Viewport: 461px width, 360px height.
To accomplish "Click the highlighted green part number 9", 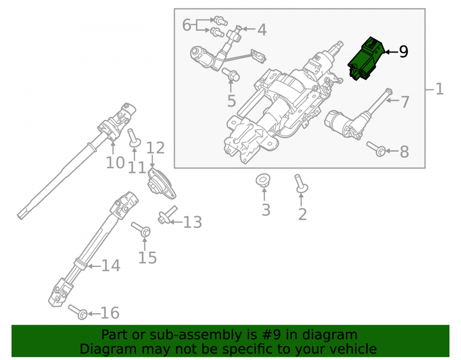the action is (366, 59).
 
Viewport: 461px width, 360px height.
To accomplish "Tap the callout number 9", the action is (404, 52).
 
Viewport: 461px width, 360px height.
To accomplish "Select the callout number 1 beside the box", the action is (439, 89).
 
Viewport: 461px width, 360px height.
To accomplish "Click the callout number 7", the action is (405, 102).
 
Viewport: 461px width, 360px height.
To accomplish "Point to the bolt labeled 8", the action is (376, 149).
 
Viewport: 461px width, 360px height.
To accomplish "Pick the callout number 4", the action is (262, 30).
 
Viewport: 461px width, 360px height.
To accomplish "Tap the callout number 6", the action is (187, 25).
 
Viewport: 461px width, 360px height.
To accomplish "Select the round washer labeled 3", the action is (263, 180).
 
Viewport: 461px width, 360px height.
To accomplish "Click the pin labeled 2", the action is (301, 184).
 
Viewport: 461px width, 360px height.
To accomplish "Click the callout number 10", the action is (115, 163).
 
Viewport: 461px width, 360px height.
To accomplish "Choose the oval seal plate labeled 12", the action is (161, 184).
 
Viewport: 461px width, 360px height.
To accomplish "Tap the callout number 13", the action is (193, 222).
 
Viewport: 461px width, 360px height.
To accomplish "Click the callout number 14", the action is (111, 266).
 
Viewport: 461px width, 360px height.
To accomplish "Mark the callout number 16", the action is (110, 313).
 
